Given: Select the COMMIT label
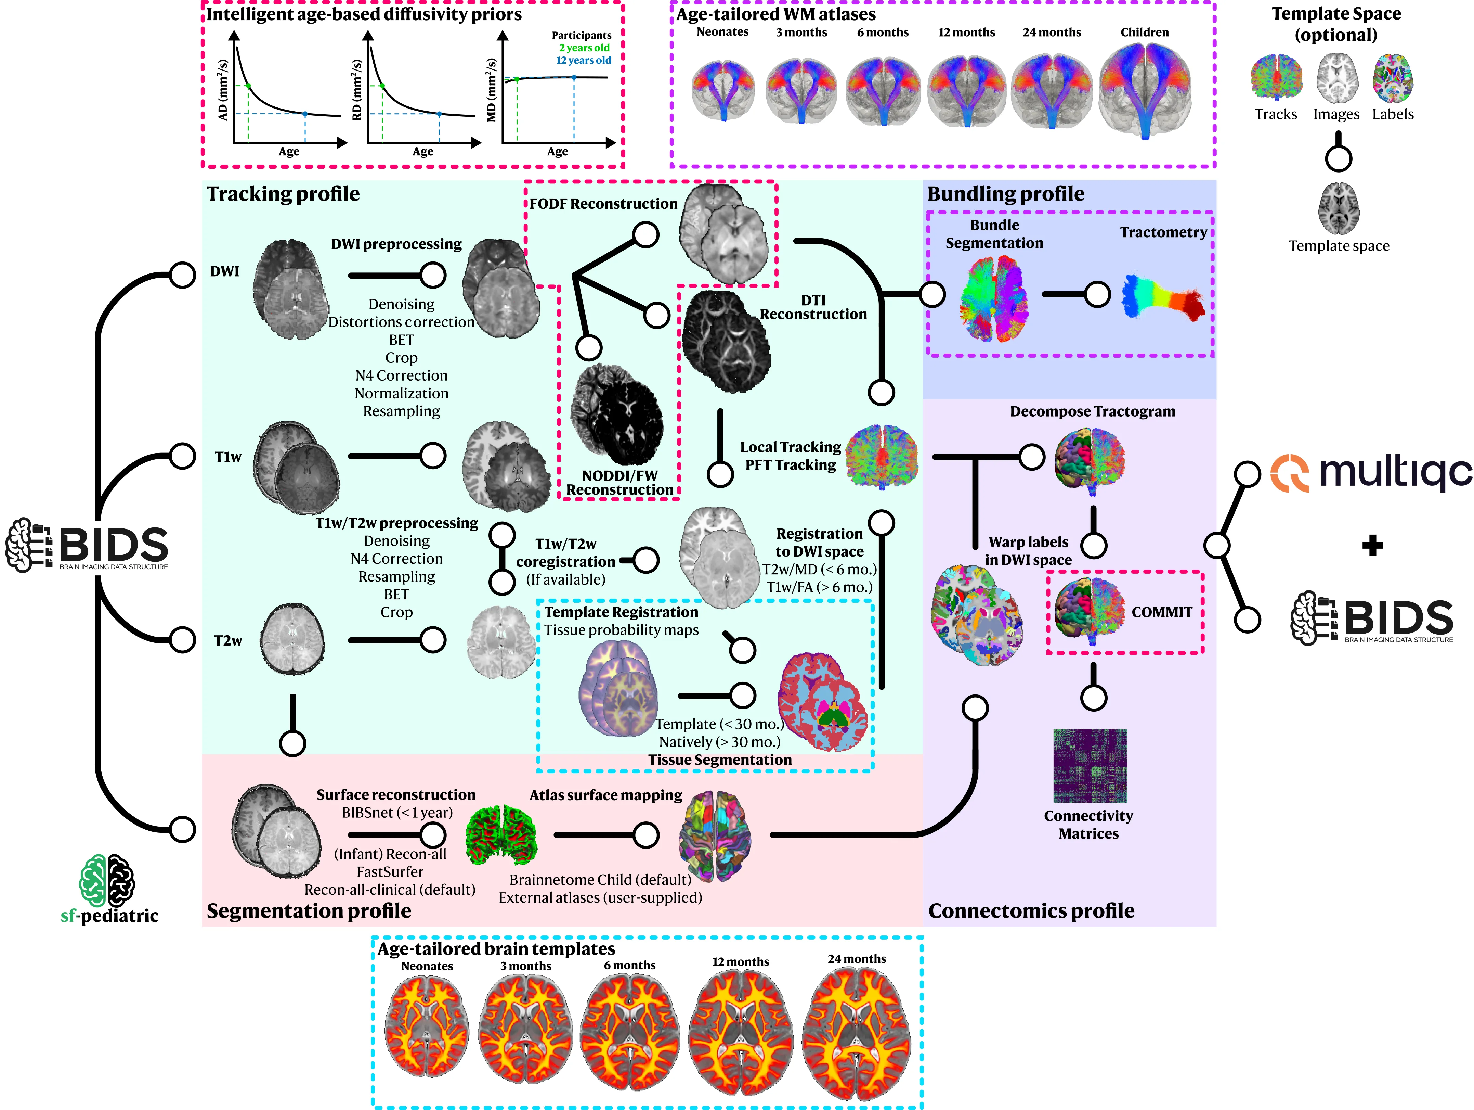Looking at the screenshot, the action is point(1161,612).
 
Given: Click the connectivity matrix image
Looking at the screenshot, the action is point(1090,765).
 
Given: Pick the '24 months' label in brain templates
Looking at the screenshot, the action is point(857,959).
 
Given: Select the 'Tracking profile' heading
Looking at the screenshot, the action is point(283,194).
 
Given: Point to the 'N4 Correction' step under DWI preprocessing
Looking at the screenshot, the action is point(401,375).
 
